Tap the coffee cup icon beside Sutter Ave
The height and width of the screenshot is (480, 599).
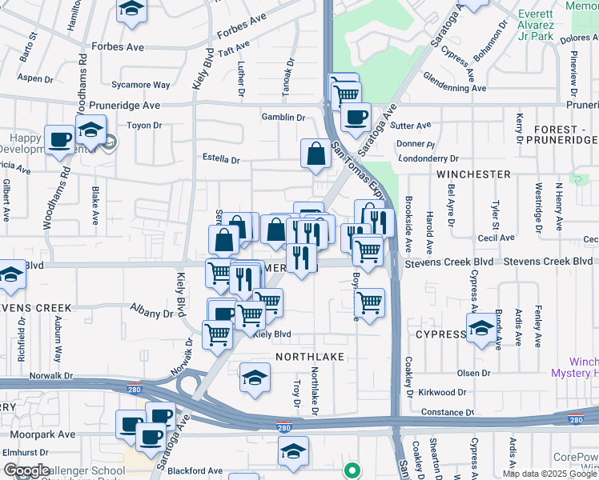(356, 118)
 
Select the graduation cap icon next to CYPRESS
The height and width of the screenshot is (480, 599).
(481, 329)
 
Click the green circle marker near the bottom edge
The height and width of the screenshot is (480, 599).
(350, 470)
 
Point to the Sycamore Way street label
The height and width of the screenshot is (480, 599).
(141, 85)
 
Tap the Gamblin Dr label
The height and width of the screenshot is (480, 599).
(283, 118)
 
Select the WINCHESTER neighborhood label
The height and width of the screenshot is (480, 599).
(473, 174)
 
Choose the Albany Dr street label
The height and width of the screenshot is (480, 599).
(151, 314)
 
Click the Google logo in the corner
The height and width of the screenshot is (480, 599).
(26, 470)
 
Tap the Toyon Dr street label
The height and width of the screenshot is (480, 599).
(145, 126)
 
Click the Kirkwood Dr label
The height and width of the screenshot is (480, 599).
(440, 392)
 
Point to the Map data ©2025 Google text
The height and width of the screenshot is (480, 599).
(549, 474)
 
